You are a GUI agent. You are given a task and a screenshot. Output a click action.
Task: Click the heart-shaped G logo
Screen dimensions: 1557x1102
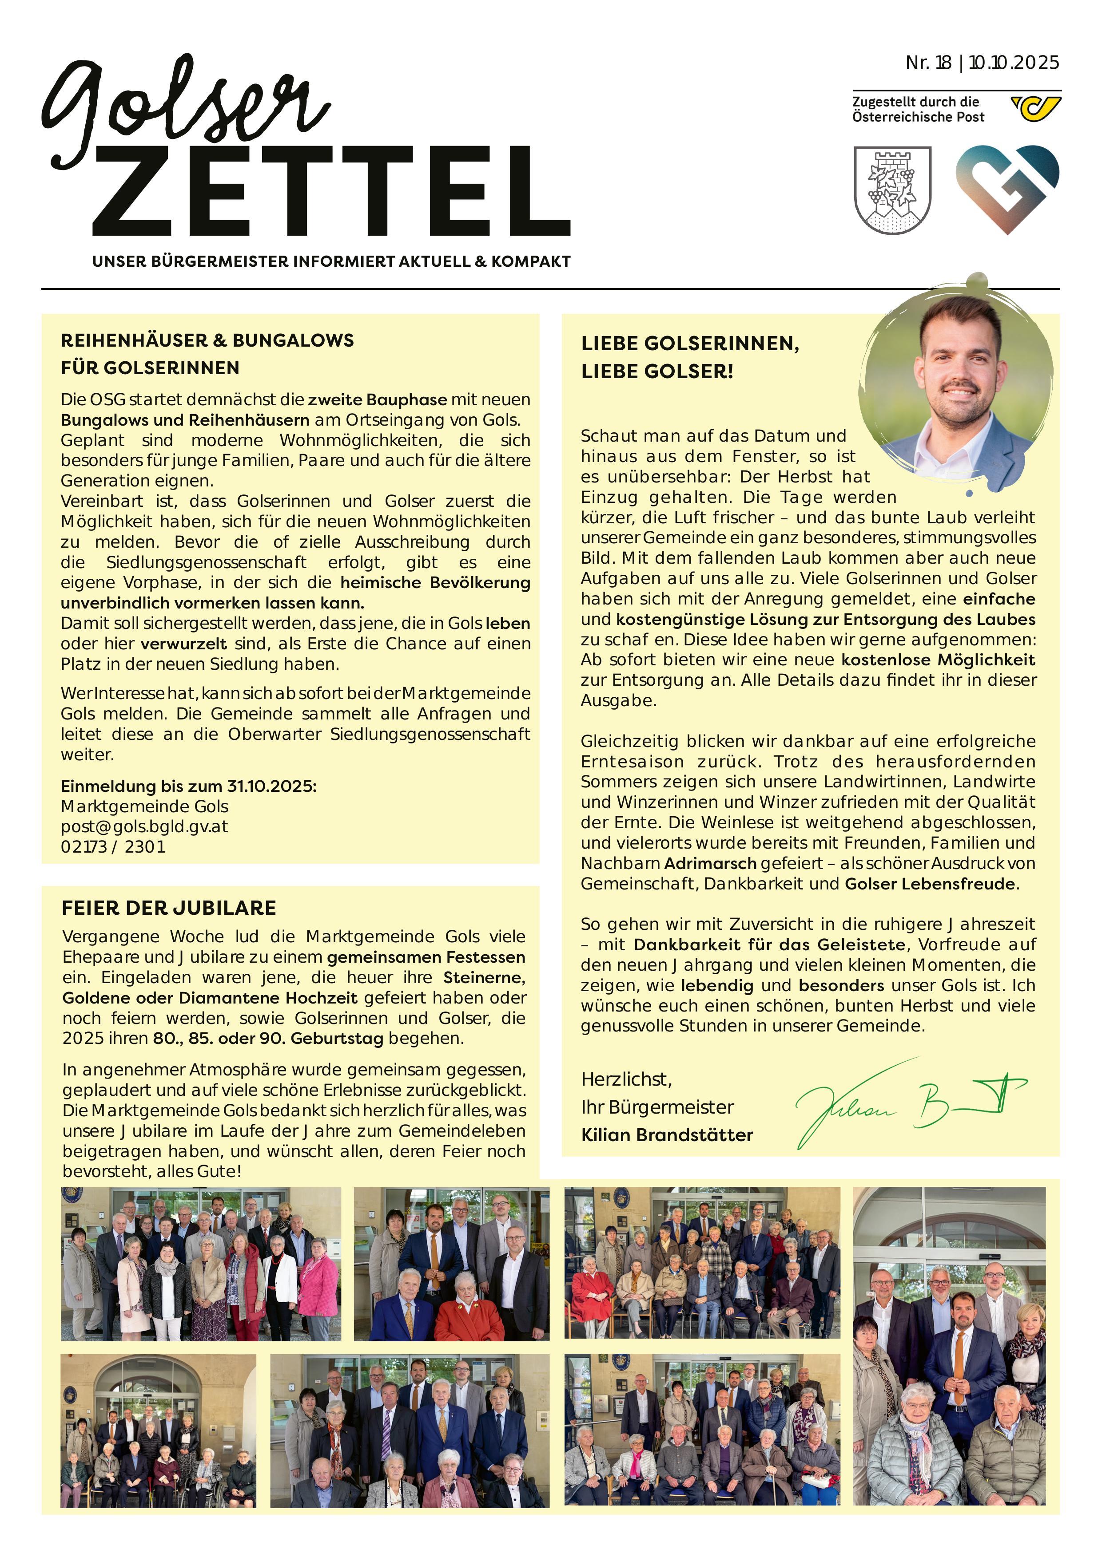click(1007, 189)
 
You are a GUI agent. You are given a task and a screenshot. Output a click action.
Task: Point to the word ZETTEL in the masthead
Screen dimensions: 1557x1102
click(331, 192)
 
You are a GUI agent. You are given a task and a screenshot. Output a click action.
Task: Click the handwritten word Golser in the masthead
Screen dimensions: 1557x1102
click(183, 108)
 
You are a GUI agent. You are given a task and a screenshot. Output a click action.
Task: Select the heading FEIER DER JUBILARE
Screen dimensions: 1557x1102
click(169, 908)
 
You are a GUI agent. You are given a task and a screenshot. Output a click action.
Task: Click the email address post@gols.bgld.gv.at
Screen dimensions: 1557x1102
click(144, 826)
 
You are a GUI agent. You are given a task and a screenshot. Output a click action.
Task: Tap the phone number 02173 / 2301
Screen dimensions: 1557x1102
click(113, 847)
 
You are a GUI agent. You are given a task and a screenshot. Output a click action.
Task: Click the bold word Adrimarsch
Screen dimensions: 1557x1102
click(710, 864)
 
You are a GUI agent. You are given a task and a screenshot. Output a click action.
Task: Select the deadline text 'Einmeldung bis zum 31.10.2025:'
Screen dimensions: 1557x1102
click(189, 786)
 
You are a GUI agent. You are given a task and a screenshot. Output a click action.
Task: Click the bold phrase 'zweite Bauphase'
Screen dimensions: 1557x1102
click(377, 399)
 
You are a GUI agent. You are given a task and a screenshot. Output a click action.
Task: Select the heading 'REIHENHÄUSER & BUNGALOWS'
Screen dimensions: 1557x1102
click(207, 340)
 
